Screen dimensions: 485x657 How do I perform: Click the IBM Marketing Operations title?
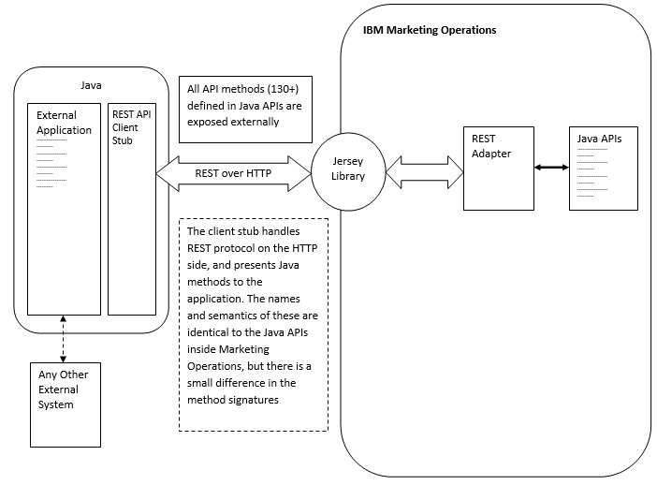tap(429, 30)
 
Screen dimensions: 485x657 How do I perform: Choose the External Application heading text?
tap(64, 123)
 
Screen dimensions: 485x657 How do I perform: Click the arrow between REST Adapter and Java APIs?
tap(551, 169)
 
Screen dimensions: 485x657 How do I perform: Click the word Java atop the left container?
tap(91, 85)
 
